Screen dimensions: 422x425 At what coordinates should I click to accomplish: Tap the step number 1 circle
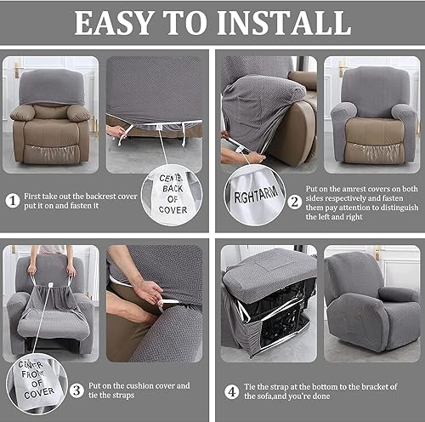point(12,201)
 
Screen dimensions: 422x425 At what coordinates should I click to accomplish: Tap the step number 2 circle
point(294,202)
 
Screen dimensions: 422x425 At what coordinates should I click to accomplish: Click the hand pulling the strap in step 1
point(116,132)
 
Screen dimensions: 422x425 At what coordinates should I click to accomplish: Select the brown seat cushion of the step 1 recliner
point(50,132)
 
